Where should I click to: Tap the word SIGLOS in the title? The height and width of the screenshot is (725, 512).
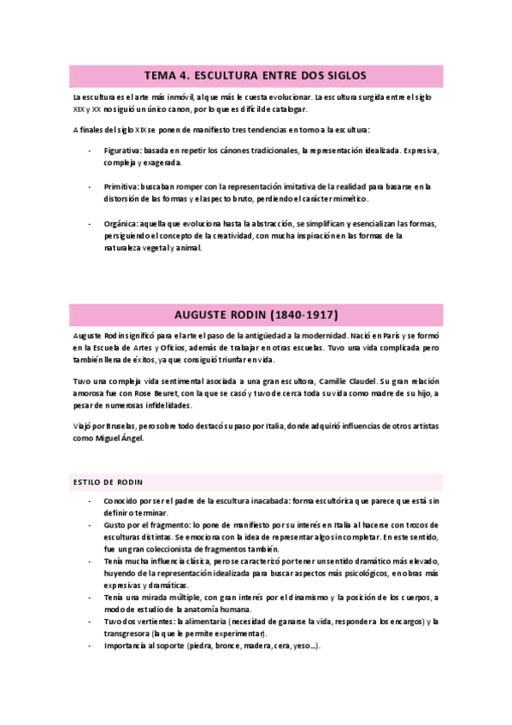pos(347,75)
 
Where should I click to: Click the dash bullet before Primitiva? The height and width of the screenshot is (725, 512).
pos(91,186)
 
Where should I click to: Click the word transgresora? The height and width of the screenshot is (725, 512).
pos(126,633)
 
